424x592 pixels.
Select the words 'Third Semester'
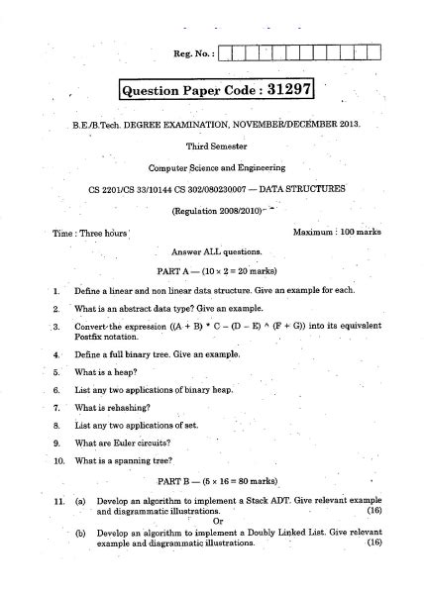pyautogui.click(x=212, y=145)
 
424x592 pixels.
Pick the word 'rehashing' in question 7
pyautogui.click(x=129, y=407)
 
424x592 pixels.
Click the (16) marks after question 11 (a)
pyautogui.click(x=372, y=512)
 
